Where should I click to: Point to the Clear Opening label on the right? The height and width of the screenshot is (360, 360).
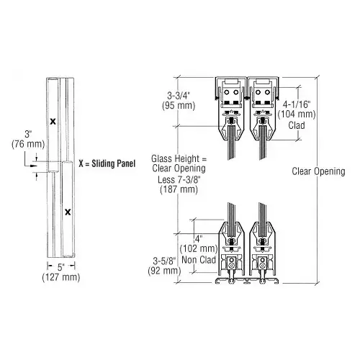coord(319,171)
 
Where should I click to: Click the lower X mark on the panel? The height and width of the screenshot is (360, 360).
coord(66,212)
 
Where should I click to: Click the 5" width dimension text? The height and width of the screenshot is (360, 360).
coord(58,273)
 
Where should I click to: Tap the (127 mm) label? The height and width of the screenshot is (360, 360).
coord(58,283)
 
